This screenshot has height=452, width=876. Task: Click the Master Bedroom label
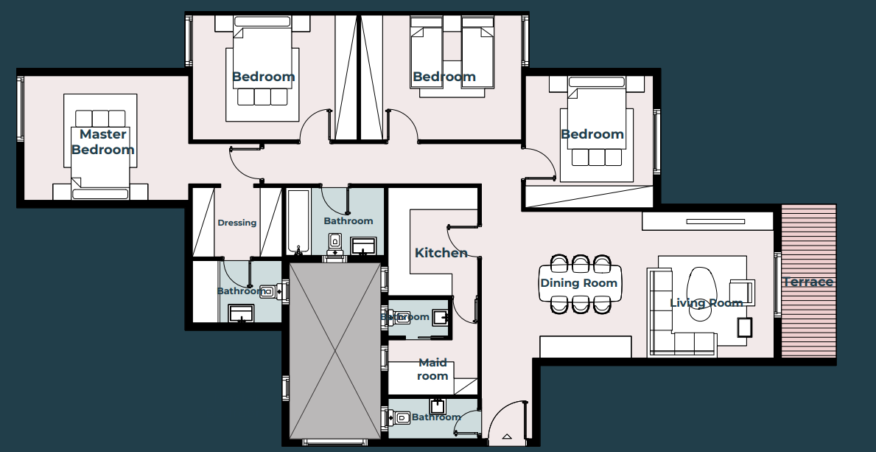pos(102,142)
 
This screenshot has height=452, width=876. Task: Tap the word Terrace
pos(808,282)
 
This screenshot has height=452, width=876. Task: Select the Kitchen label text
pos(441,253)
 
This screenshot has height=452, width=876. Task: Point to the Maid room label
pos(432,369)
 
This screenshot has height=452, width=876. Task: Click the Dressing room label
pos(237,223)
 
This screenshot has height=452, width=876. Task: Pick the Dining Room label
pos(579,283)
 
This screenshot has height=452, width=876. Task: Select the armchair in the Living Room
pos(740,292)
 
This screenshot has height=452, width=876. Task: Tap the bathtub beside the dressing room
pos(298,221)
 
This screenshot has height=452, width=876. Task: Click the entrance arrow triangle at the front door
pos(506,437)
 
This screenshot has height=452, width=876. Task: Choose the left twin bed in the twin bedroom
pos(424,55)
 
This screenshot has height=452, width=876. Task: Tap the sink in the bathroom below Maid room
pos(438,406)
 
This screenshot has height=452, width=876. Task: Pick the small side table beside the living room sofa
pos(745,327)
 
